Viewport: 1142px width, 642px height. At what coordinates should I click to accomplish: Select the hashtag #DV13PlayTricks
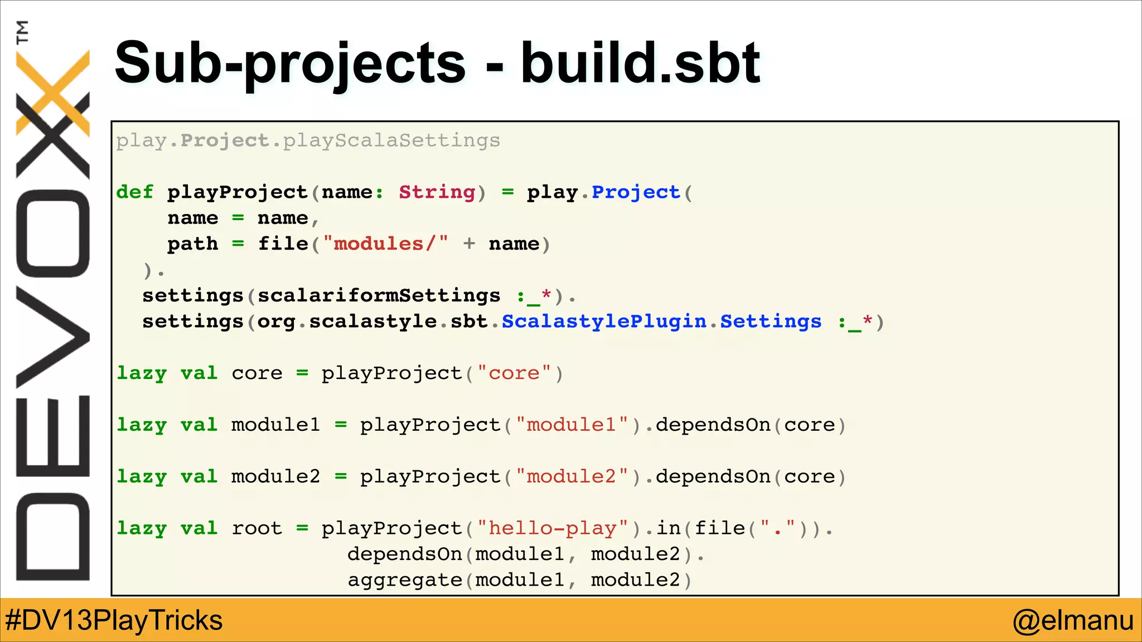(114, 620)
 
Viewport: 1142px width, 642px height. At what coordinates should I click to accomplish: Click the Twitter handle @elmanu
(1073, 620)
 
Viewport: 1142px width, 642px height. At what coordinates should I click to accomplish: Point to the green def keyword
(134, 192)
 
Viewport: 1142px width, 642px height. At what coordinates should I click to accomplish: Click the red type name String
(437, 192)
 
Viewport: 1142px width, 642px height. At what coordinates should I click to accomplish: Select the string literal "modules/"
(385, 244)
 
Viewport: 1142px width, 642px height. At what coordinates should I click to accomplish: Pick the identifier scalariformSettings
(379, 295)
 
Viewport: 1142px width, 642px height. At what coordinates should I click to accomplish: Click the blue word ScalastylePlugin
(604, 322)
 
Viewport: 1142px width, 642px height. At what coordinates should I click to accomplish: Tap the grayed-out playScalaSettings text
(391, 140)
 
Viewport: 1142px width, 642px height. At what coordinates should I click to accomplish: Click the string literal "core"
(514, 373)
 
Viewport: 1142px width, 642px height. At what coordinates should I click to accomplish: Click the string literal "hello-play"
(553, 528)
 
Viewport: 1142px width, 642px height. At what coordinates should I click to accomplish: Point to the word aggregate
(405, 580)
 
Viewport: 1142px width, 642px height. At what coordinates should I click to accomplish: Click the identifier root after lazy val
(257, 528)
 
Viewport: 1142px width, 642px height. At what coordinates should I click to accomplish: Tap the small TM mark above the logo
(22, 32)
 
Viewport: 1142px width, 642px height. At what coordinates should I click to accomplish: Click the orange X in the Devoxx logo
(53, 92)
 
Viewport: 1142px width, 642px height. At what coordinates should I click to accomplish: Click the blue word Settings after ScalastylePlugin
(771, 322)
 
